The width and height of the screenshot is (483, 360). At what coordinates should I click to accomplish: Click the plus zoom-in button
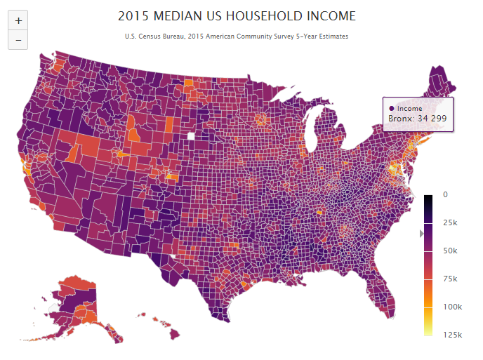coord(18,21)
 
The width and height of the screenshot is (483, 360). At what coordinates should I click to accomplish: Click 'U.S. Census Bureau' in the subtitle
coord(152,36)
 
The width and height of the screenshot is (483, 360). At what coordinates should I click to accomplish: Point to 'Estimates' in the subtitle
coord(332,36)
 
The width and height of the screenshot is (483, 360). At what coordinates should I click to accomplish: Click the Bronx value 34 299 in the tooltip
coord(428,119)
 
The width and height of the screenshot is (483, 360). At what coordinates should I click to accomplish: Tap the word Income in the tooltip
coord(409,108)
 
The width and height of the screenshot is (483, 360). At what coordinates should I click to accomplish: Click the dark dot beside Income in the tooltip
coord(391,108)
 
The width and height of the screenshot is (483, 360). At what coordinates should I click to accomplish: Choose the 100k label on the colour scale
coord(452,307)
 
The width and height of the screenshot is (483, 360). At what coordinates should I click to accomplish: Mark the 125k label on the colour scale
coord(452,335)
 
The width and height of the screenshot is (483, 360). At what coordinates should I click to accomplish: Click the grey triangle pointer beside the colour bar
coord(422,233)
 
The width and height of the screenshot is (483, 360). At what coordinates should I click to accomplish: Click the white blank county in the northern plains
coord(191,136)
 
